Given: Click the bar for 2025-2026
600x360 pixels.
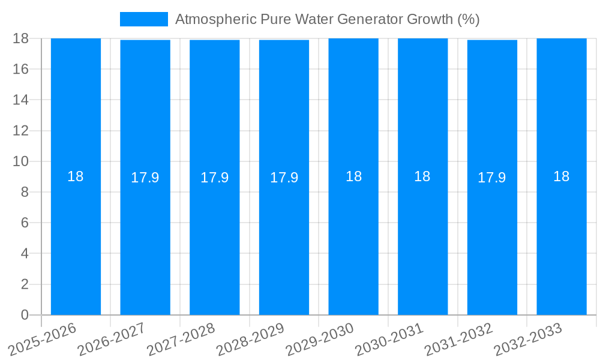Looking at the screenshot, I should click(x=76, y=240).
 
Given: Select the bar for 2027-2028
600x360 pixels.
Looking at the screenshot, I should click(x=214, y=240).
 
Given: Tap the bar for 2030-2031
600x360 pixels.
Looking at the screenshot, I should click(x=422, y=240).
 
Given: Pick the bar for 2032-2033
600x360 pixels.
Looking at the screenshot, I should click(x=561, y=240).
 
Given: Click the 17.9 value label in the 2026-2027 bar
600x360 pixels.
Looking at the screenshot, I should click(x=145, y=178).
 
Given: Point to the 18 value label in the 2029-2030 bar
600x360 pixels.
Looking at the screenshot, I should click(x=353, y=176).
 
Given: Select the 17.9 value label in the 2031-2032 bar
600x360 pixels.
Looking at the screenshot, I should click(x=491, y=178).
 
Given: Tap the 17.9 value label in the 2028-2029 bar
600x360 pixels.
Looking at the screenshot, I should click(x=284, y=178).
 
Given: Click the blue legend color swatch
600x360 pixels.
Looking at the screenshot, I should click(x=144, y=19).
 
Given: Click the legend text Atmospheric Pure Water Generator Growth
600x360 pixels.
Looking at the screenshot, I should click(x=327, y=19).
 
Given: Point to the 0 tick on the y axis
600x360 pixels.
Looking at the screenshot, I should click(x=25, y=315).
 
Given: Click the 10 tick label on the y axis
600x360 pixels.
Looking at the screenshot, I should click(x=21, y=161).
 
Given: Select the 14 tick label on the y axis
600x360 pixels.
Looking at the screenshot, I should click(x=21, y=100).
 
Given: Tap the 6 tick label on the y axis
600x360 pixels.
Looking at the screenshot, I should click(x=25, y=223).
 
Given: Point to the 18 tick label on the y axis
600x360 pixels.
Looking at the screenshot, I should click(x=21, y=38).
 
